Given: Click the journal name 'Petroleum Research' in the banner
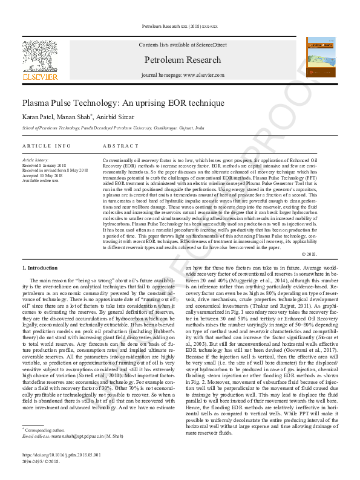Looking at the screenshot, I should point(182,60).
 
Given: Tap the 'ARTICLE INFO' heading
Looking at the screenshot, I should point(47,146).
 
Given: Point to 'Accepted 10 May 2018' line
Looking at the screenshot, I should point(43,175).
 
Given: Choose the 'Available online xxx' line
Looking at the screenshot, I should point(41,180).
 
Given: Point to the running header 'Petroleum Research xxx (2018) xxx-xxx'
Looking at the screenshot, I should point(179,27).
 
